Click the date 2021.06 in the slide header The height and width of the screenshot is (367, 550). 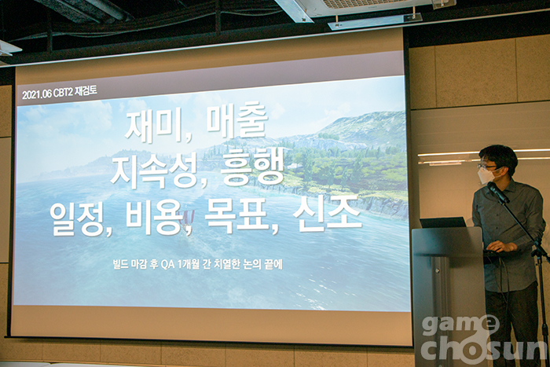point(37,94)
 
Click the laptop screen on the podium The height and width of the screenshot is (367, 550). point(443,222)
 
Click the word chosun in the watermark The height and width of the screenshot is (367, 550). point(483,348)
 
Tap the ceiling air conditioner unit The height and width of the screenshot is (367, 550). point(365,9)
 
